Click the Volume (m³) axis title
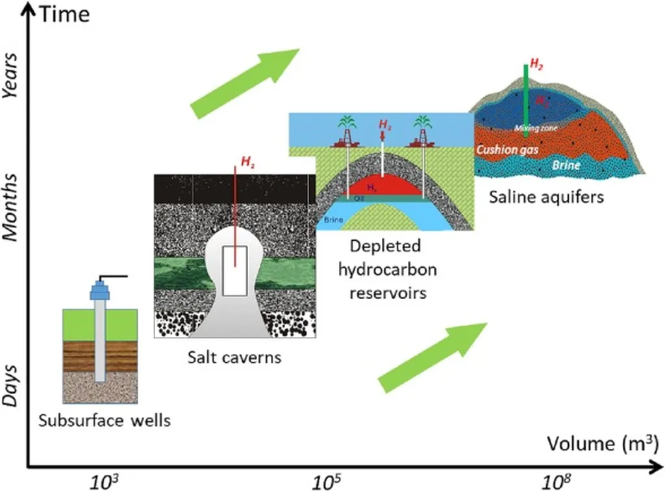(x=602, y=444)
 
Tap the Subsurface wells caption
(x=105, y=420)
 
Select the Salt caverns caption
(x=236, y=357)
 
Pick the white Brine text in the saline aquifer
(x=566, y=165)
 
